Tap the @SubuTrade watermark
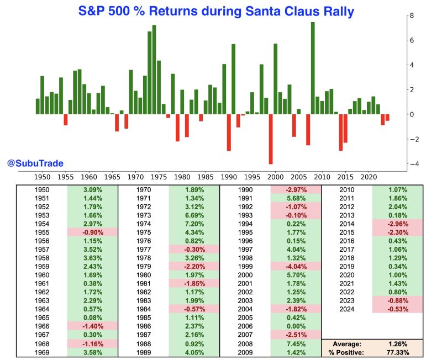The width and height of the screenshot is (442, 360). click(x=35, y=163)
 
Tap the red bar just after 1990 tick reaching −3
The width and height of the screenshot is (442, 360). click(x=229, y=133)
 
